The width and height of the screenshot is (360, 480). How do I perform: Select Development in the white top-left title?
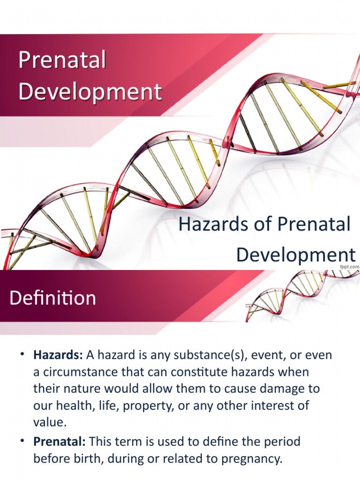(x=90, y=91)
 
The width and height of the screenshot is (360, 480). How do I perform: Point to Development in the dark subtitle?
(x=295, y=255)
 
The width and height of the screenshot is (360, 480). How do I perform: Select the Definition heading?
(x=53, y=298)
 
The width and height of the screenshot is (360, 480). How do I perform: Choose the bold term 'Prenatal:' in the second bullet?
(x=60, y=442)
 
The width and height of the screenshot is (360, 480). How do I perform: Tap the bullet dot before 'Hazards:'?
(x=22, y=355)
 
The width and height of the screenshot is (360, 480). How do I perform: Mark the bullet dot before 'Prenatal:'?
(x=22, y=442)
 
